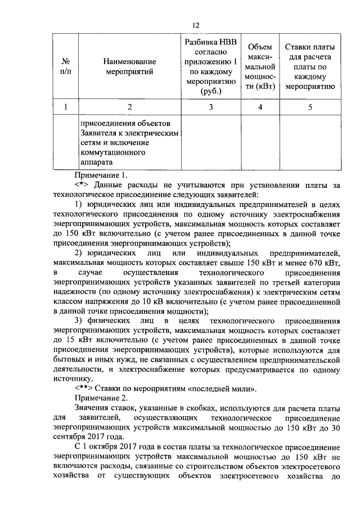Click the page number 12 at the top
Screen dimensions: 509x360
[x=196, y=25]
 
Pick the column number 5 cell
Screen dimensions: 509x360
[x=310, y=107]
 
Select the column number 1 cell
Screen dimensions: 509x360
[x=66, y=107]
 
